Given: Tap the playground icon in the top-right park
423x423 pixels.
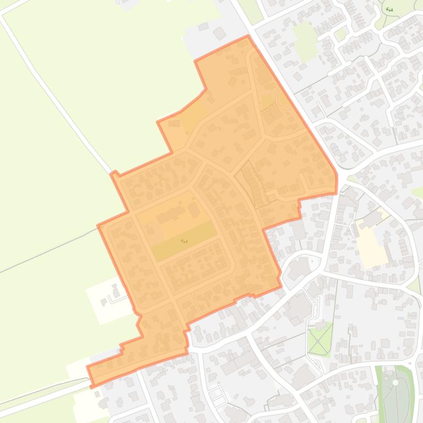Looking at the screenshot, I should (389, 9).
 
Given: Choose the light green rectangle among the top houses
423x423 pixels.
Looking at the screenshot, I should (305, 41).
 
